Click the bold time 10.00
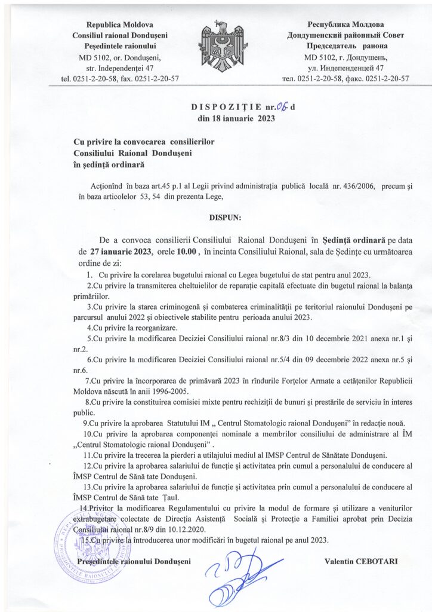click(x=184, y=252)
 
